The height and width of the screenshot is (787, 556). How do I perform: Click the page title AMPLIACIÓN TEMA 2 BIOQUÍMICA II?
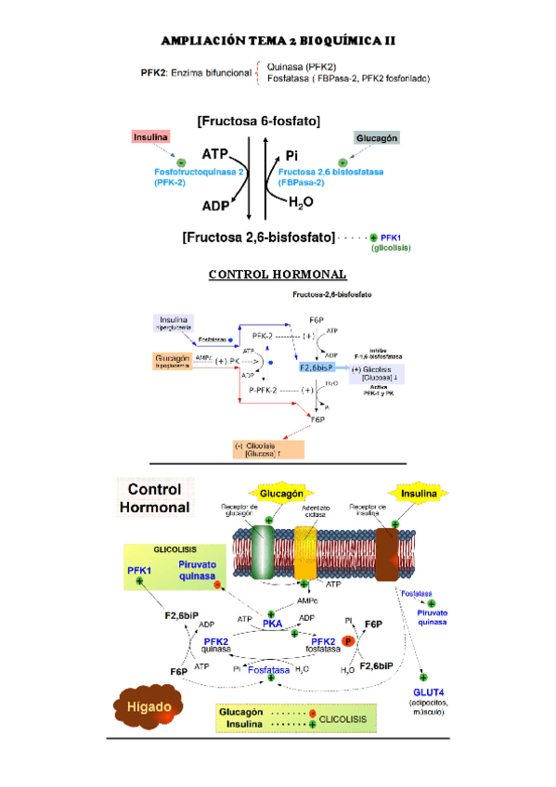click(278, 42)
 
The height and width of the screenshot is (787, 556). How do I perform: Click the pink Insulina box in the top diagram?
click(151, 137)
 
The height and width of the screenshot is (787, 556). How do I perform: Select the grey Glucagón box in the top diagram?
click(376, 138)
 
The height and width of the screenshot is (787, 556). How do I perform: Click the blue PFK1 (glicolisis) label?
click(391, 243)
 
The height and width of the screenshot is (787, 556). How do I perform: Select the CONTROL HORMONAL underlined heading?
click(278, 275)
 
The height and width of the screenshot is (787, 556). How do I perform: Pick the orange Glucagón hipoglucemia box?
click(175, 361)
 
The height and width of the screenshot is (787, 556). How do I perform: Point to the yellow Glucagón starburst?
click(278, 493)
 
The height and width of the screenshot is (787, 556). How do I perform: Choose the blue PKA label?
click(272, 625)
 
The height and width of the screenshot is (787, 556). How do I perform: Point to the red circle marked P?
click(350, 641)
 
